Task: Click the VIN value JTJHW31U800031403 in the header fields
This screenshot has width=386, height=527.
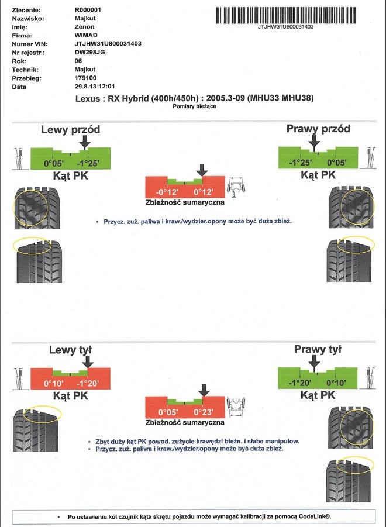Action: [x=108, y=44]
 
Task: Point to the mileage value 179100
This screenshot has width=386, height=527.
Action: [x=86, y=78]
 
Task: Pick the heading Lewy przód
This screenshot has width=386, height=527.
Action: [x=70, y=129]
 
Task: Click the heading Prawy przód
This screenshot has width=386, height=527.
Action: [x=318, y=129]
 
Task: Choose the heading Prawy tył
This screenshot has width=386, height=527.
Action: [x=318, y=350]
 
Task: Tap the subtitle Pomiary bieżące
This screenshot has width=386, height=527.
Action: [x=194, y=107]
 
